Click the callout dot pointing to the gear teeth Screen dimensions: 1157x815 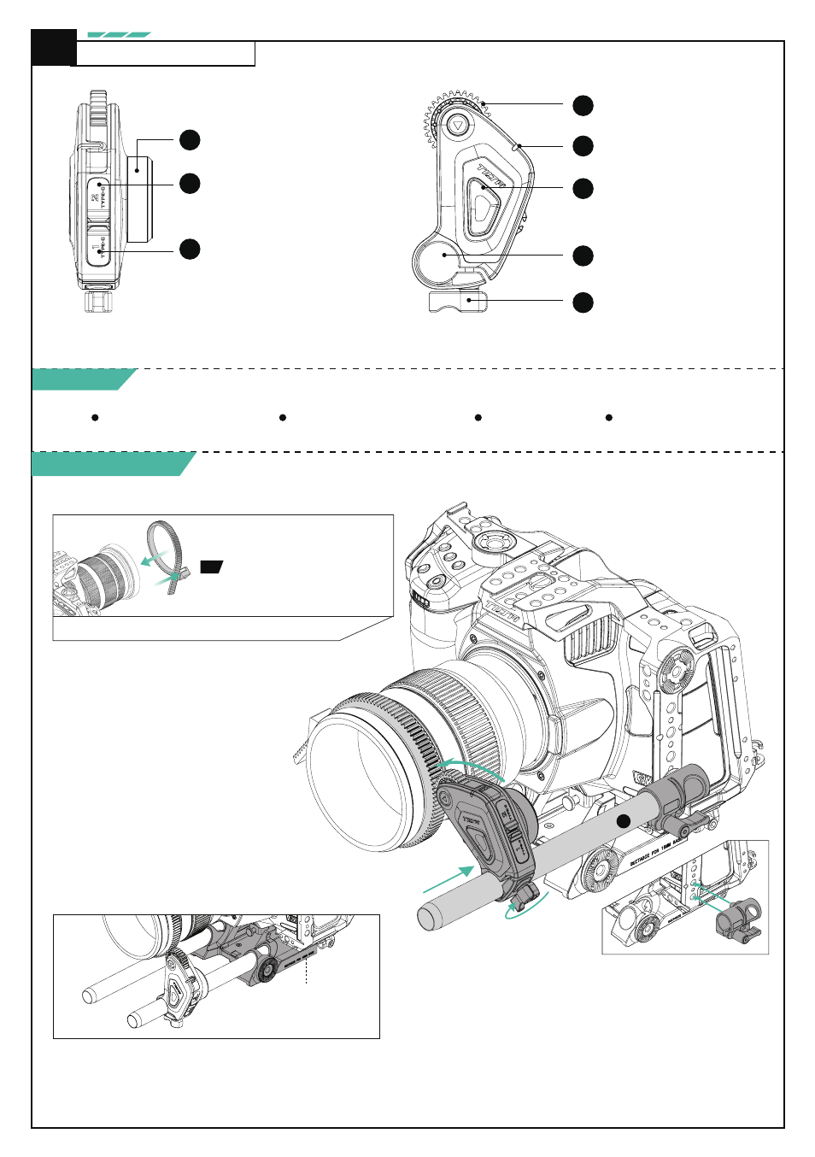click(x=583, y=105)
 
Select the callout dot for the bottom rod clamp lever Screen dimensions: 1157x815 click(x=583, y=302)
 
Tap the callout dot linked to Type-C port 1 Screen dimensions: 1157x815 click(x=190, y=249)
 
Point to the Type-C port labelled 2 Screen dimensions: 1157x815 click(x=99, y=197)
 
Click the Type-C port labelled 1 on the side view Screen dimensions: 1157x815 click(x=99, y=249)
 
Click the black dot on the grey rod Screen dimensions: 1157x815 click(x=624, y=821)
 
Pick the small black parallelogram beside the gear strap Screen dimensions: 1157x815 click(x=211, y=567)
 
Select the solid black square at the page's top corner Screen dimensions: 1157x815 click(x=53, y=48)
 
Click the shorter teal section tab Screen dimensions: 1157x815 click(x=83, y=379)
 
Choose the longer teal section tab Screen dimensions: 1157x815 click(x=111, y=464)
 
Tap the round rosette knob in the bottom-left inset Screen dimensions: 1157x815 click(x=266, y=969)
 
